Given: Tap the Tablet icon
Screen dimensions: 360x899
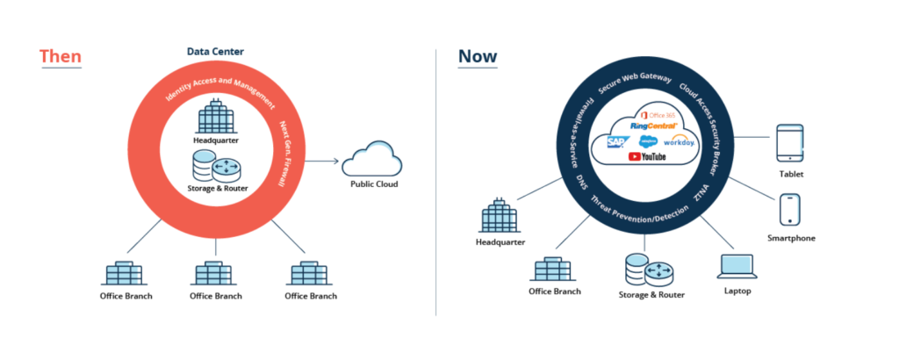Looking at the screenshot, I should coord(790,144).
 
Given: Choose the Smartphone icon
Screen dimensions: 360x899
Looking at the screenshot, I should coord(791,211).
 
